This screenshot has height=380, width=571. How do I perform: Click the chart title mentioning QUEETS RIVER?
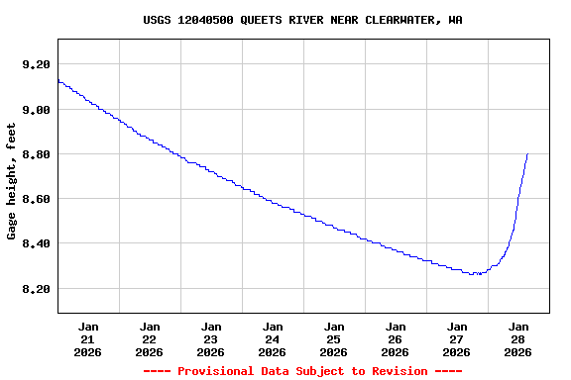point(302,20)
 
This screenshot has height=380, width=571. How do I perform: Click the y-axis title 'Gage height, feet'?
point(12,181)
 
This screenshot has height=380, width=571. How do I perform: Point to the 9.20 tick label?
point(36,64)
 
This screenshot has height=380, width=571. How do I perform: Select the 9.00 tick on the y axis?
point(36,110)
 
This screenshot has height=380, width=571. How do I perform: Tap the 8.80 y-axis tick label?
point(36,154)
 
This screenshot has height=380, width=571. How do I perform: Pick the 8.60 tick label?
point(36,199)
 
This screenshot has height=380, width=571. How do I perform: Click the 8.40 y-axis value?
point(36,243)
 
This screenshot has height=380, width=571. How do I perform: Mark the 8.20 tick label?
point(36,289)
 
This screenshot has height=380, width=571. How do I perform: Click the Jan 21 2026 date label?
point(88,338)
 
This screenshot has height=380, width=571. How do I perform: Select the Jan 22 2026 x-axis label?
point(150,338)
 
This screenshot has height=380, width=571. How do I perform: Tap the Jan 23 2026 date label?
point(211,338)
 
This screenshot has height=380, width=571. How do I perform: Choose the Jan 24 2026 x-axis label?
point(273,338)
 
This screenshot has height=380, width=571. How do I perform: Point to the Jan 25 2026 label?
point(334,338)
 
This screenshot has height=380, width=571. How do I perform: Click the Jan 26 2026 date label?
point(396,338)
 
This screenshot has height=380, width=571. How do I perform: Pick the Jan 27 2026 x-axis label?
point(457,338)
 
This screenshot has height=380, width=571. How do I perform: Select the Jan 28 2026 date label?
point(518,338)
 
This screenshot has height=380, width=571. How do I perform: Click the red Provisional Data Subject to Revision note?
point(302,371)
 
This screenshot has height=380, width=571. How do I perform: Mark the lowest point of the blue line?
point(477,274)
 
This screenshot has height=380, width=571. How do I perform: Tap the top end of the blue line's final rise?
point(527,153)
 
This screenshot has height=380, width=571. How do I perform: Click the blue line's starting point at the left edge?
point(58,80)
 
